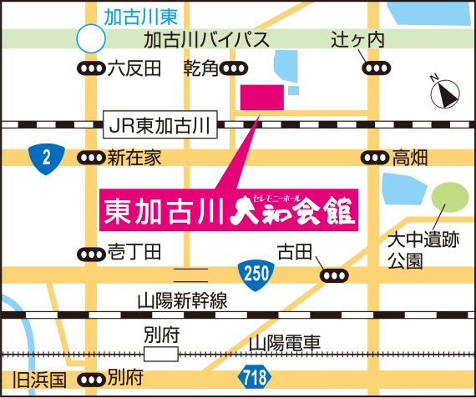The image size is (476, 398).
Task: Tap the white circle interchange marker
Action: tap(90, 38)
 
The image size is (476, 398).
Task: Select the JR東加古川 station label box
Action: tap(160, 127)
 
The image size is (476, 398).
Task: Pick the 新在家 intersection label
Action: tap(134, 157)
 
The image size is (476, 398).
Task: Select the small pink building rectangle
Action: tap(261, 97)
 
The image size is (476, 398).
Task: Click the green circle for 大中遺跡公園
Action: tap(450, 199)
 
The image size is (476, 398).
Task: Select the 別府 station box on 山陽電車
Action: tap(160, 354)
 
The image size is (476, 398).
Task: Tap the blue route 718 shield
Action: tap(256, 376)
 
